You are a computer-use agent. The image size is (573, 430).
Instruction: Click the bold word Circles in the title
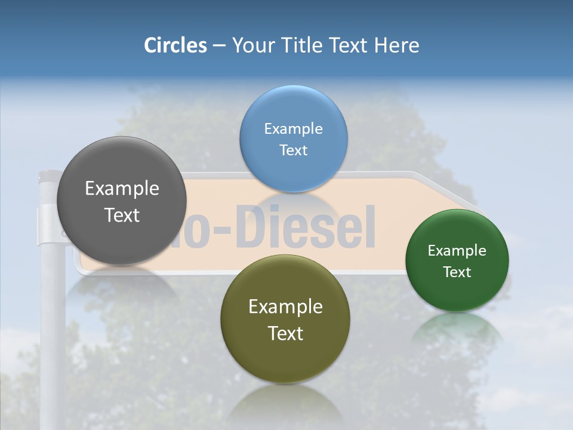pos(175,45)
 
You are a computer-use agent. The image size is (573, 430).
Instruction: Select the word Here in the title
pos(396,45)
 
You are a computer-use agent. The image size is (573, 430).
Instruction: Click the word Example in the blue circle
pos(293,129)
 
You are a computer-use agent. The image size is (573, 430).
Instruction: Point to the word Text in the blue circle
pos(293,150)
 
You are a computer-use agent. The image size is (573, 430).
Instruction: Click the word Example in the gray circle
pos(122,189)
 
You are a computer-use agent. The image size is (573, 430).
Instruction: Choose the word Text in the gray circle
pos(122,215)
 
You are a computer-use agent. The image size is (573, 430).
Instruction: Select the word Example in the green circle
pos(457,251)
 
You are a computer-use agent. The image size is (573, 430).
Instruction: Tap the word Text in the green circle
pos(457,272)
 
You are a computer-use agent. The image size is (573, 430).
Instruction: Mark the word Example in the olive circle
pos(285,307)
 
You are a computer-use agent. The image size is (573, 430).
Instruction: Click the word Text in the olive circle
pos(285,333)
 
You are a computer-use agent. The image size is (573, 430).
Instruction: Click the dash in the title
pos(219,46)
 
